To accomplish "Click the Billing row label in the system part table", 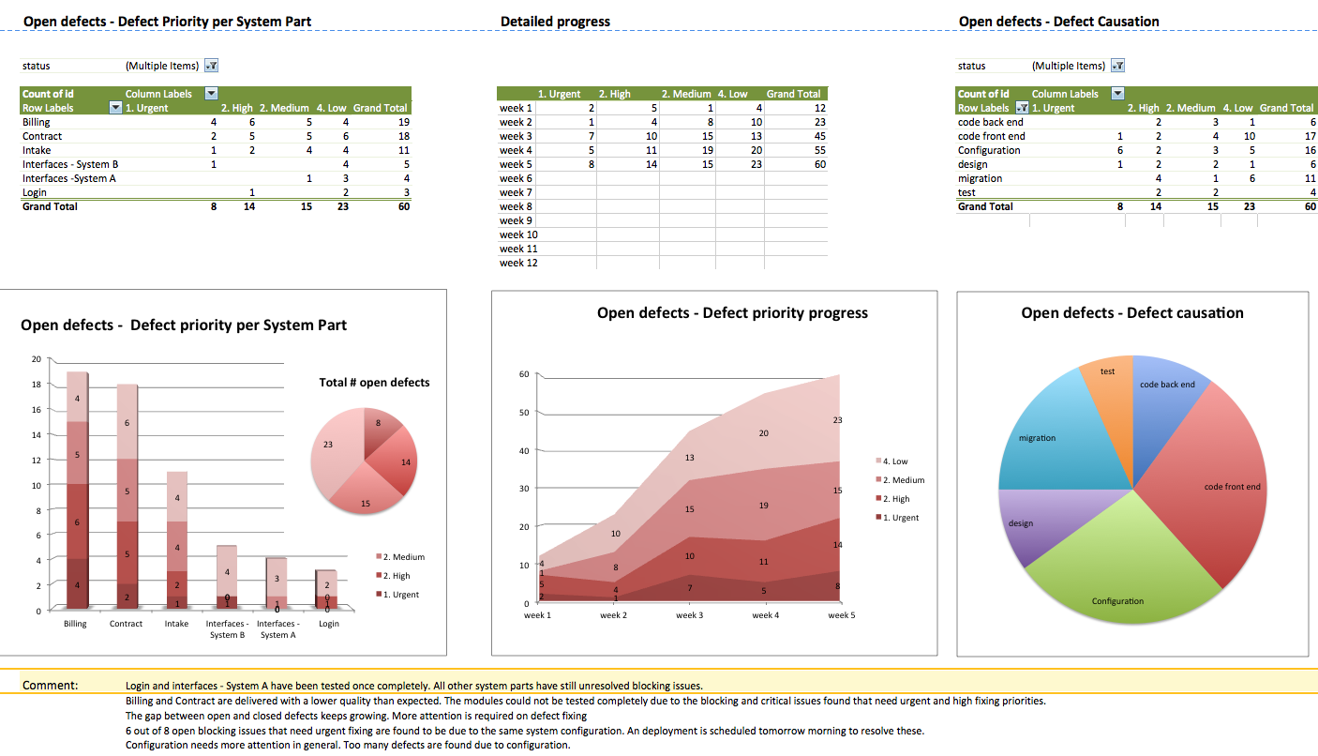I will click(37, 122).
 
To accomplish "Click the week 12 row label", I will click(518, 263).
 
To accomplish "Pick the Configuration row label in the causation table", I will click(989, 150).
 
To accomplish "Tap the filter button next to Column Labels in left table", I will click(211, 94).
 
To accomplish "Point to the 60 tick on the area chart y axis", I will click(524, 374).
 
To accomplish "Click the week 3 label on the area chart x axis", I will click(689, 615).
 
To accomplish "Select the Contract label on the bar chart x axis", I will click(126, 624).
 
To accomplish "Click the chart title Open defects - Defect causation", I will click(1131, 313).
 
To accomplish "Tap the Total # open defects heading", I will click(374, 382).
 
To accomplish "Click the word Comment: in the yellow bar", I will click(50, 686).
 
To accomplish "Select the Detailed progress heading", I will click(555, 22).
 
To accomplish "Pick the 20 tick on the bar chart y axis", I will click(37, 359).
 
